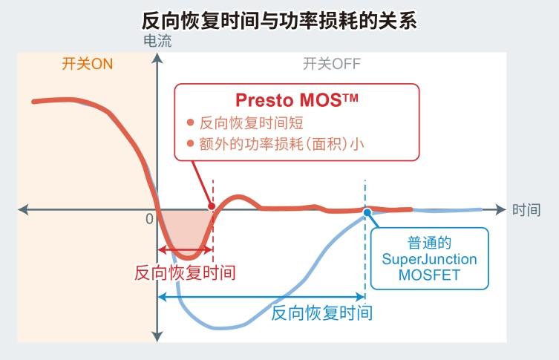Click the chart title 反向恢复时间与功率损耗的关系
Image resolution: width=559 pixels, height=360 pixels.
point(279,21)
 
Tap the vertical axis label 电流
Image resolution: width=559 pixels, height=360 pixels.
point(157,41)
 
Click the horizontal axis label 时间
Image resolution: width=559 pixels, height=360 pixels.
point(526,210)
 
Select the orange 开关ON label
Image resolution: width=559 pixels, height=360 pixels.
point(88,64)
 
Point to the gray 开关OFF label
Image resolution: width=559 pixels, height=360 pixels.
point(332,64)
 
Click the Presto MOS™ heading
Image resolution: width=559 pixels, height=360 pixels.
point(297,100)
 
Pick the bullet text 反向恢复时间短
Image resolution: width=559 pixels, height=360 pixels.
point(251,123)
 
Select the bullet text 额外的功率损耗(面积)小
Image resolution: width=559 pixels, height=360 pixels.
point(281,144)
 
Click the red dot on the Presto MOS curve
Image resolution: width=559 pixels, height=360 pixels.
point(212,206)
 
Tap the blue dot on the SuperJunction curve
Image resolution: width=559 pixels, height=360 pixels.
point(367,212)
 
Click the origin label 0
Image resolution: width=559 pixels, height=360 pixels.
point(150,219)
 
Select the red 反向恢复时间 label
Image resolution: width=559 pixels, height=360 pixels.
point(185,273)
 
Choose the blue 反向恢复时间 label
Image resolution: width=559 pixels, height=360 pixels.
point(322,313)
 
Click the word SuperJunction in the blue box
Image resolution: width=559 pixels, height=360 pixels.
point(429,259)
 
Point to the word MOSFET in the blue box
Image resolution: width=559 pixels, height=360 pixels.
point(429,275)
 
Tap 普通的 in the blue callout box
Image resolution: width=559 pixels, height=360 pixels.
point(429,243)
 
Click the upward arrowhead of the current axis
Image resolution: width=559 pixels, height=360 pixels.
point(157,58)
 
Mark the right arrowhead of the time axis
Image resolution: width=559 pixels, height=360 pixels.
point(500,209)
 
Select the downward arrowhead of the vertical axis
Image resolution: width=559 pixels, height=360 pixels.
point(157,337)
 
